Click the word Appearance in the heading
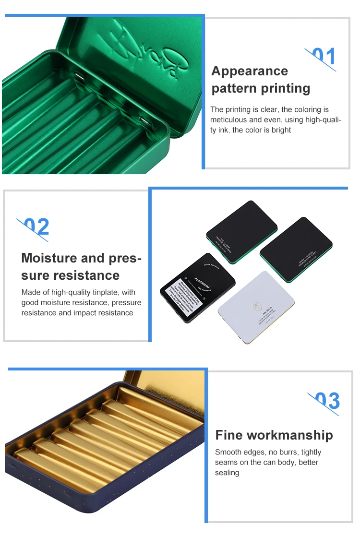click(x=250, y=71)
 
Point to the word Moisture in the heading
click(x=48, y=258)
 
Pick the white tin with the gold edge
click(x=256, y=307)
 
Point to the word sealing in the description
click(x=227, y=473)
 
